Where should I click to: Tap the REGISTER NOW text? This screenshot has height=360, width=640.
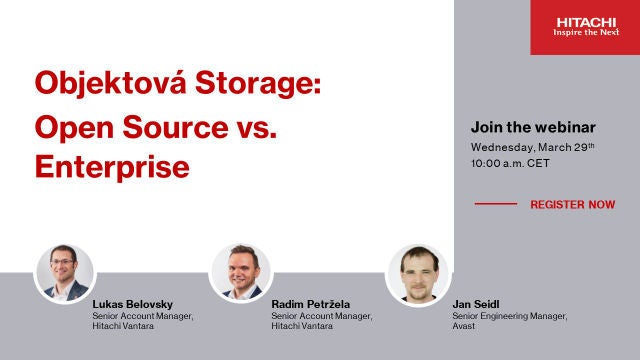573,204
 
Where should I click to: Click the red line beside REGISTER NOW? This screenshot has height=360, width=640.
495,204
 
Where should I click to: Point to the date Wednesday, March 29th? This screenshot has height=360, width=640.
532,147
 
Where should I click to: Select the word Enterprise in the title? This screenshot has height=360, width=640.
112,167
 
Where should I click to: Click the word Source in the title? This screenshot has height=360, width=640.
181,126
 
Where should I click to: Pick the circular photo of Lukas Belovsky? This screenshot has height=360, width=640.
64,273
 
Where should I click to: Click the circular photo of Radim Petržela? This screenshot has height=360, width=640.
240,273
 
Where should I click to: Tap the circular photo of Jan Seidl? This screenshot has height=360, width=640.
416,273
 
